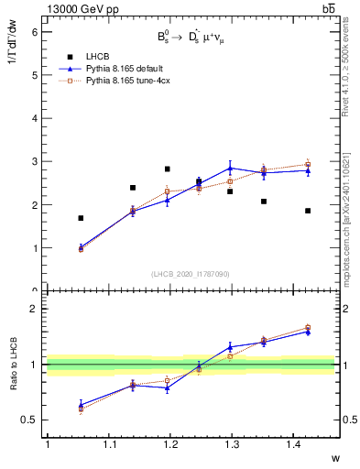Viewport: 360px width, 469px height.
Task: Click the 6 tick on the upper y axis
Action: click(x=34, y=31)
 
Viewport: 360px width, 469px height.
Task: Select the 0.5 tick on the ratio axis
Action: click(x=30, y=420)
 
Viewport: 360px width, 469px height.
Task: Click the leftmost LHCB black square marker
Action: click(x=81, y=218)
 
